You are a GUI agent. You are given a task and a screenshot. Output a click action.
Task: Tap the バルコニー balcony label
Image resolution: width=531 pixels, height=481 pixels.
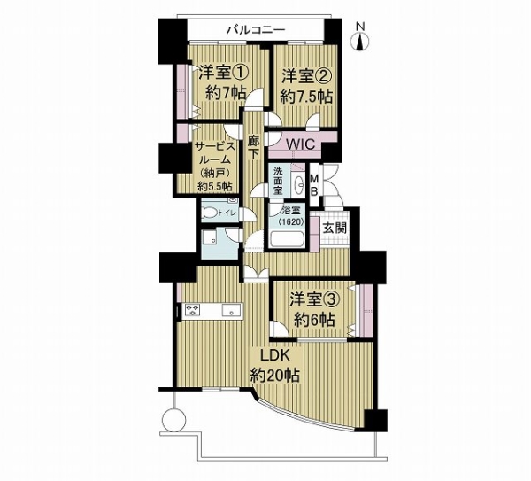[256, 30]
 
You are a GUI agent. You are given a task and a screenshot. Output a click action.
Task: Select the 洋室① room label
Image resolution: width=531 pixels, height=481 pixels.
[224, 73]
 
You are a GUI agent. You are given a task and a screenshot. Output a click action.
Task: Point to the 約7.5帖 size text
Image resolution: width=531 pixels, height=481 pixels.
[306, 97]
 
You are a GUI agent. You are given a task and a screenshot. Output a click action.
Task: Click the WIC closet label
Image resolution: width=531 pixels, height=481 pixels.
[301, 144]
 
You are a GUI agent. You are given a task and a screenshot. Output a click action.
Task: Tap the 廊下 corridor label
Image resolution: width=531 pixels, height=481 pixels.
[253, 147]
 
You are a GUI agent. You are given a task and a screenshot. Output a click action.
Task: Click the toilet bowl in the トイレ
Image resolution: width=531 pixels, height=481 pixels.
[210, 213]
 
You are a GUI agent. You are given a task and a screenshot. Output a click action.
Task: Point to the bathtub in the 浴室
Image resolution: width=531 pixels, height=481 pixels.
[289, 239]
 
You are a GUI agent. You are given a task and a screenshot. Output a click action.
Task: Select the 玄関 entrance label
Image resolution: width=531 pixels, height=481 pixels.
[335, 229]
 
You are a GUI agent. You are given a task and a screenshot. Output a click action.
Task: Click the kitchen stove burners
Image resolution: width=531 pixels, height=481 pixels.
[192, 311]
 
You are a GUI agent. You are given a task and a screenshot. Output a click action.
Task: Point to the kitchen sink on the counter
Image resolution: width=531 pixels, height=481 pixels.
[231, 310]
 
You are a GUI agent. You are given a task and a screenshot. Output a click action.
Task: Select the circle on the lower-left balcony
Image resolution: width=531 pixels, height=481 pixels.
[174, 419]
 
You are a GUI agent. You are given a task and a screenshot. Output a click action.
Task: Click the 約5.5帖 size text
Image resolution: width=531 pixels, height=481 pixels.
[215, 186]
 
